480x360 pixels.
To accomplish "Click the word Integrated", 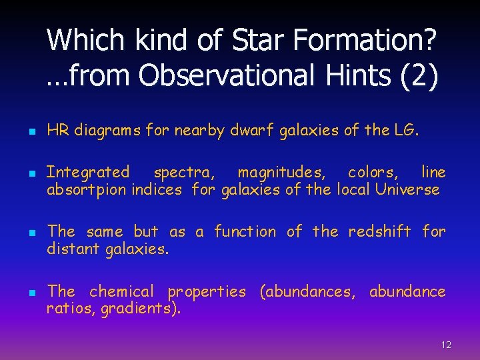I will (x=88, y=172).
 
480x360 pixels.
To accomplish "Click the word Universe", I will (x=408, y=189).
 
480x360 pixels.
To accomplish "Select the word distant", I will (x=69, y=249).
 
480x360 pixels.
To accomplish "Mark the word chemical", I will (x=121, y=291).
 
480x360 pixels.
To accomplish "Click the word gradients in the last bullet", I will (x=138, y=309).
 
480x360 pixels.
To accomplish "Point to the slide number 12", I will (x=446, y=345).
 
